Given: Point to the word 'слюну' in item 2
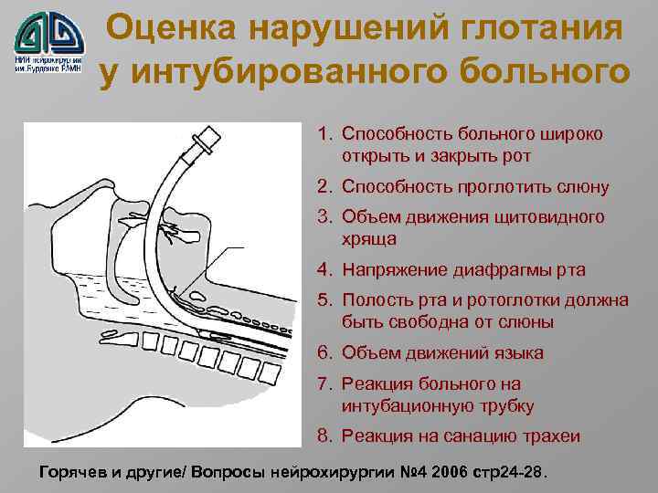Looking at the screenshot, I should (x=578, y=187).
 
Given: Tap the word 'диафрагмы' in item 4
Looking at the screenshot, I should (x=504, y=270).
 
